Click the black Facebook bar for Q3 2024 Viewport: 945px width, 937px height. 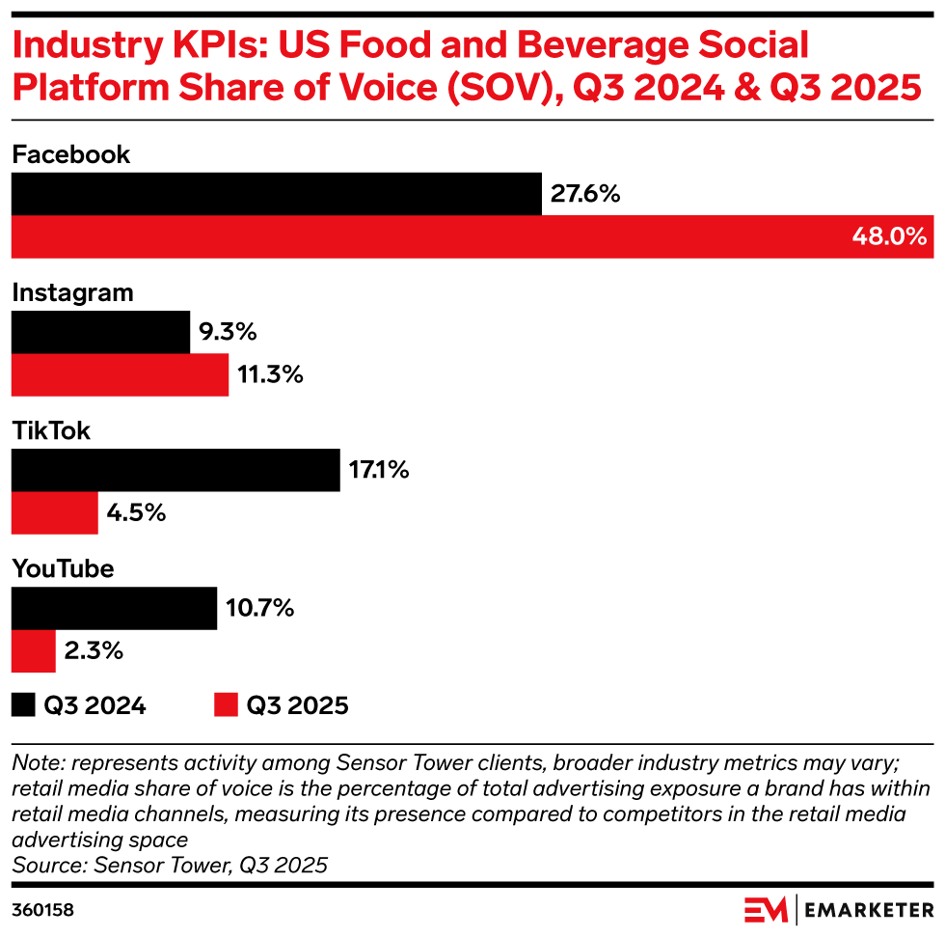tap(276, 194)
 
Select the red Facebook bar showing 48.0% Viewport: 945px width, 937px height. tap(472, 236)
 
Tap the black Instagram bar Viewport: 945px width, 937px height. tap(100, 333)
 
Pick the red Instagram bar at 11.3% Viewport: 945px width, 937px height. tap(120, 374)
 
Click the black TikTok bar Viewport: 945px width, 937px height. tap(175, 471)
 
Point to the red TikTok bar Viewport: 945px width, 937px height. tap(55, 512)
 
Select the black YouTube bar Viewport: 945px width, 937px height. tap(114, 609)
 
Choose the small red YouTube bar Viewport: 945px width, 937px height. tap(34, 651)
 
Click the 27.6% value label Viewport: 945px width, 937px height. tap(584, 195)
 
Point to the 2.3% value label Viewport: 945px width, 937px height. tap(94, 651)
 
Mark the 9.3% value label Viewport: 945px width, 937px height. tap(228, 333)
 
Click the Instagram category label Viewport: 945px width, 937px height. tap(72, 293)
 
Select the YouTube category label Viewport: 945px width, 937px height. tap(63, 569)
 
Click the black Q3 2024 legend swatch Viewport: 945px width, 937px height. tap(23, 705)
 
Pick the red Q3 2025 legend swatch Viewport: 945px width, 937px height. tap(226, 705)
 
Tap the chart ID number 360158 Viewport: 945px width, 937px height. tap(42, 910)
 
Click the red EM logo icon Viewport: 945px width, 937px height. tap(766, 910)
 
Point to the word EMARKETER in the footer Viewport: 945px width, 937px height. tap(869, 910)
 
